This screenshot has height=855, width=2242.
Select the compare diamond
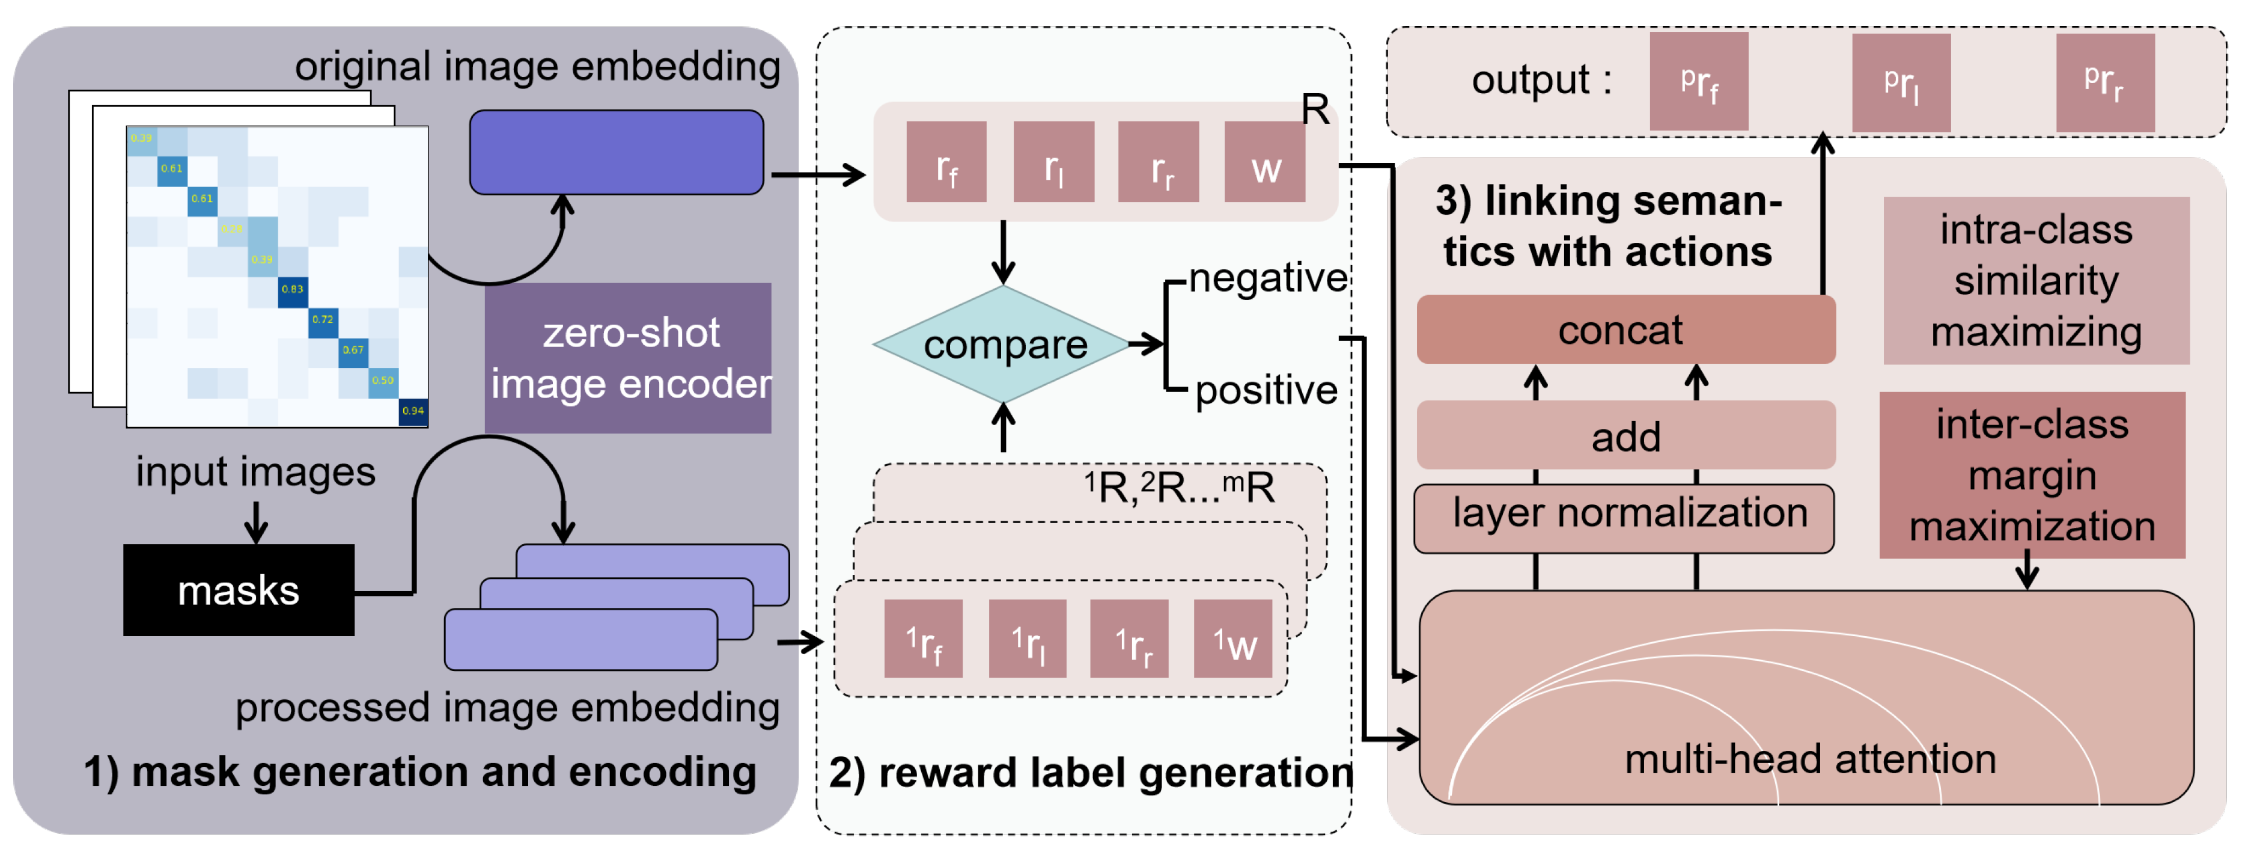click(1004, 345)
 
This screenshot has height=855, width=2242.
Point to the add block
click(1625, 435)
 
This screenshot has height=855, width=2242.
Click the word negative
click(1267, 278)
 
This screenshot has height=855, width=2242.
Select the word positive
click(1266, 390)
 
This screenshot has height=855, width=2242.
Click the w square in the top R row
click(1264, 163)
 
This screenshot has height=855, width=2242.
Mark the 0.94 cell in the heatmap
click(413, 411)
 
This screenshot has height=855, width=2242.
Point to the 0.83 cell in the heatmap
click(293, 290)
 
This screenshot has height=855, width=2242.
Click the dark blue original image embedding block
click(616, 152)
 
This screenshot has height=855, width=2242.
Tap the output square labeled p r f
click(1699, 82)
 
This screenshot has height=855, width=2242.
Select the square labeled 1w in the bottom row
click(1232, 639)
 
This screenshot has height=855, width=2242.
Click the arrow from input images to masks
click(255, 521)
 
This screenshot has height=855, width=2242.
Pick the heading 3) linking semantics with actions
click(1607, 225)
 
